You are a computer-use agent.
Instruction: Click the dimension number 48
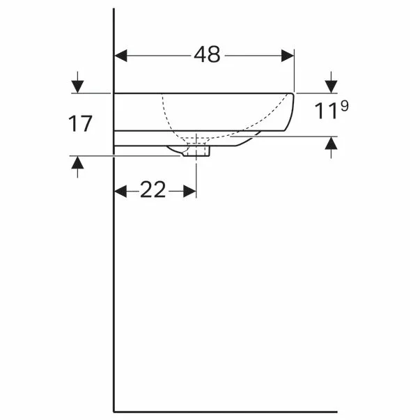click(207, 54)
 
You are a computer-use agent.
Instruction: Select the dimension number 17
click(80, 124)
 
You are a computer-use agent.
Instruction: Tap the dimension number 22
click(153, 189)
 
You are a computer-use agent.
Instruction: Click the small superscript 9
click(345, 106)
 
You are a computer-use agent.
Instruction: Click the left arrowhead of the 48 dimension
click(120, 56)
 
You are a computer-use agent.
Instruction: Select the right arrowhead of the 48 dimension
click(288, 56)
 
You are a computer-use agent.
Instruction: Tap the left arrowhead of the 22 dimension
click(120, 192)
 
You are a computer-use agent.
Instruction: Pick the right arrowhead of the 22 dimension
click(189, 192)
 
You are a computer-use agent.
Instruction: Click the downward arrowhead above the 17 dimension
click(78, 86)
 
